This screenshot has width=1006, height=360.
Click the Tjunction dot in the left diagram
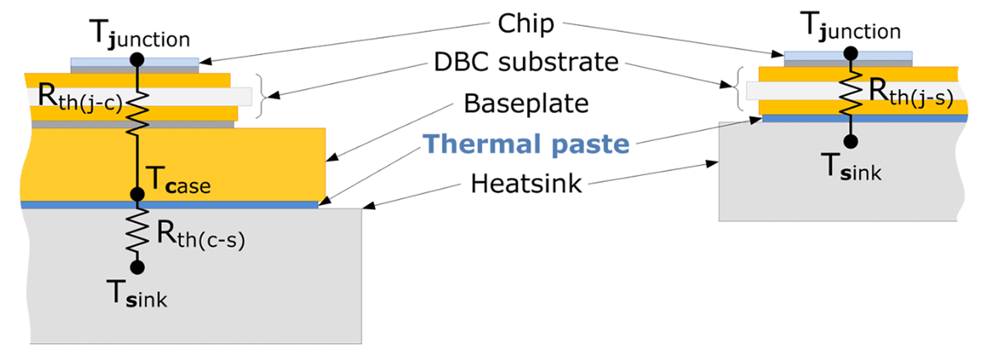137,59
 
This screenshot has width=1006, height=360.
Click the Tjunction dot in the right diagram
850,53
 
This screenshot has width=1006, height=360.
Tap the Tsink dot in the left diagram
137,267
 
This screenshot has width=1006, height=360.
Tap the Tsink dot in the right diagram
850,141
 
